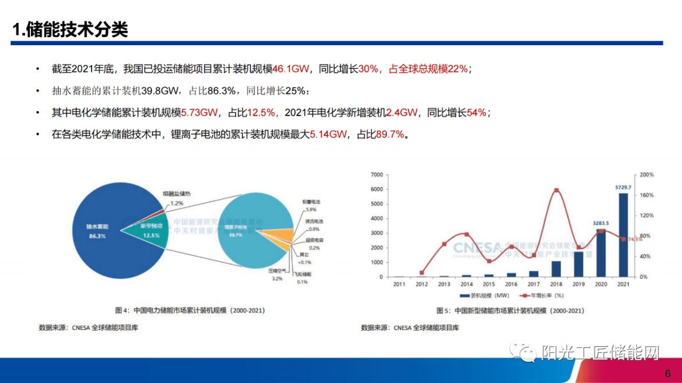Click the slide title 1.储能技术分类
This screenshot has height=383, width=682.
coord(70,30)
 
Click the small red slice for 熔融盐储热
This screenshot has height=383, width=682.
coord(163,212)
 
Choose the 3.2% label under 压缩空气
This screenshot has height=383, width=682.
coord(277,278)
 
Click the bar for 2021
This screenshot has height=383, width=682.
coord(622,235)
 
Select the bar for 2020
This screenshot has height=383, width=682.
coord(601,252)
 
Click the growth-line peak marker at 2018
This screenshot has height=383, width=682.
coord(556,190)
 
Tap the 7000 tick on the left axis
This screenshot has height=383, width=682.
coord(376,175)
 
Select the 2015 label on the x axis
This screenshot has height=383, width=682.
coord(488,284)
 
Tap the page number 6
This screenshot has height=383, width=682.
coord(668,374)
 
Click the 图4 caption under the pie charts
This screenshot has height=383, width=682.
coord(190,311)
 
